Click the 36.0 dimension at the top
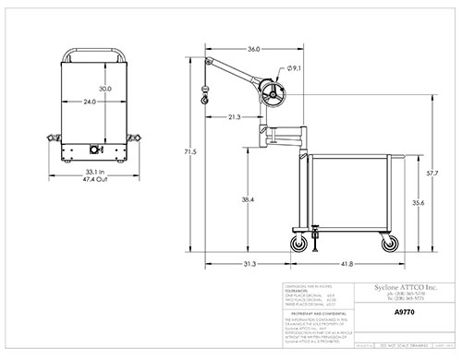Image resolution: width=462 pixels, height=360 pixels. tap(253, 49)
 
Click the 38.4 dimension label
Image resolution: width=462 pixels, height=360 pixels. tap(247, 198)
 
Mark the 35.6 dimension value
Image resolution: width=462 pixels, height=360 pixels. tap(419, 203)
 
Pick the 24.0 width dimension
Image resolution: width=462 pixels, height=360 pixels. tap(89, 102)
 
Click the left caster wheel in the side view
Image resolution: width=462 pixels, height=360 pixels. tap(300, 245)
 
